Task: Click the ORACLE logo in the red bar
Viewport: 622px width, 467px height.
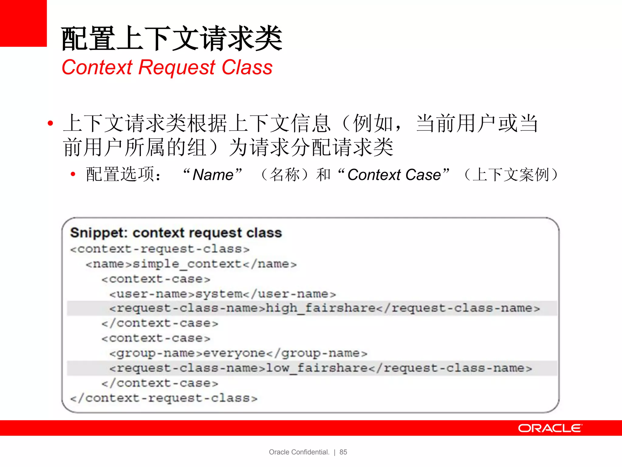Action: coord(550,428)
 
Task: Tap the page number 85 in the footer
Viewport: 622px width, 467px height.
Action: coord(343,452)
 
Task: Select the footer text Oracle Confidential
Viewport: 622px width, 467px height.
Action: coord(299,452)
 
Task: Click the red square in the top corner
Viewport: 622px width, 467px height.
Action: coord(23,23)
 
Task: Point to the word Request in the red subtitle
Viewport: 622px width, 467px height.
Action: coord(177,67)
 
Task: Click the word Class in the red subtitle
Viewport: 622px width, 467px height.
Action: coord(247,67)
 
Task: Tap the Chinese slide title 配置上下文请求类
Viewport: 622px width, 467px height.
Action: coord(172,39)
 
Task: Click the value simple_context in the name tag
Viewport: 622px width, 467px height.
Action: coord(187,264)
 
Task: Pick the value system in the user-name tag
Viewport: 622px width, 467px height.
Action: coord(219,294)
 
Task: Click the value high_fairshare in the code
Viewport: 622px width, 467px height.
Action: coord(321,308)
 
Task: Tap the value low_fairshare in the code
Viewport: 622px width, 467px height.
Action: coord(317,368)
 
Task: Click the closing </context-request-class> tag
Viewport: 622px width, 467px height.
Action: coord(164,398)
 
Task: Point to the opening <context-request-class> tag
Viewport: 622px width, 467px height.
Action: coord(160,249)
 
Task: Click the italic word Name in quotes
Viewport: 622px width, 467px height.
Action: coord(213,175)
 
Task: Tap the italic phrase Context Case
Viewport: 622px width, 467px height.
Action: coord(394,175)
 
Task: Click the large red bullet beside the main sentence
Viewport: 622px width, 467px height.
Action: coord(50,123)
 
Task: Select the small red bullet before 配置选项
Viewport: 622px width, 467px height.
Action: coord(73,174)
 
